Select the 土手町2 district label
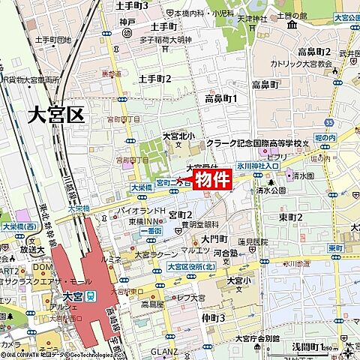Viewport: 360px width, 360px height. (x=155, y=79)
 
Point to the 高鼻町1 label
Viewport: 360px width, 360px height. (x=220, y=99)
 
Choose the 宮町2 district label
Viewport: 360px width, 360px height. (x=181, y=215)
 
